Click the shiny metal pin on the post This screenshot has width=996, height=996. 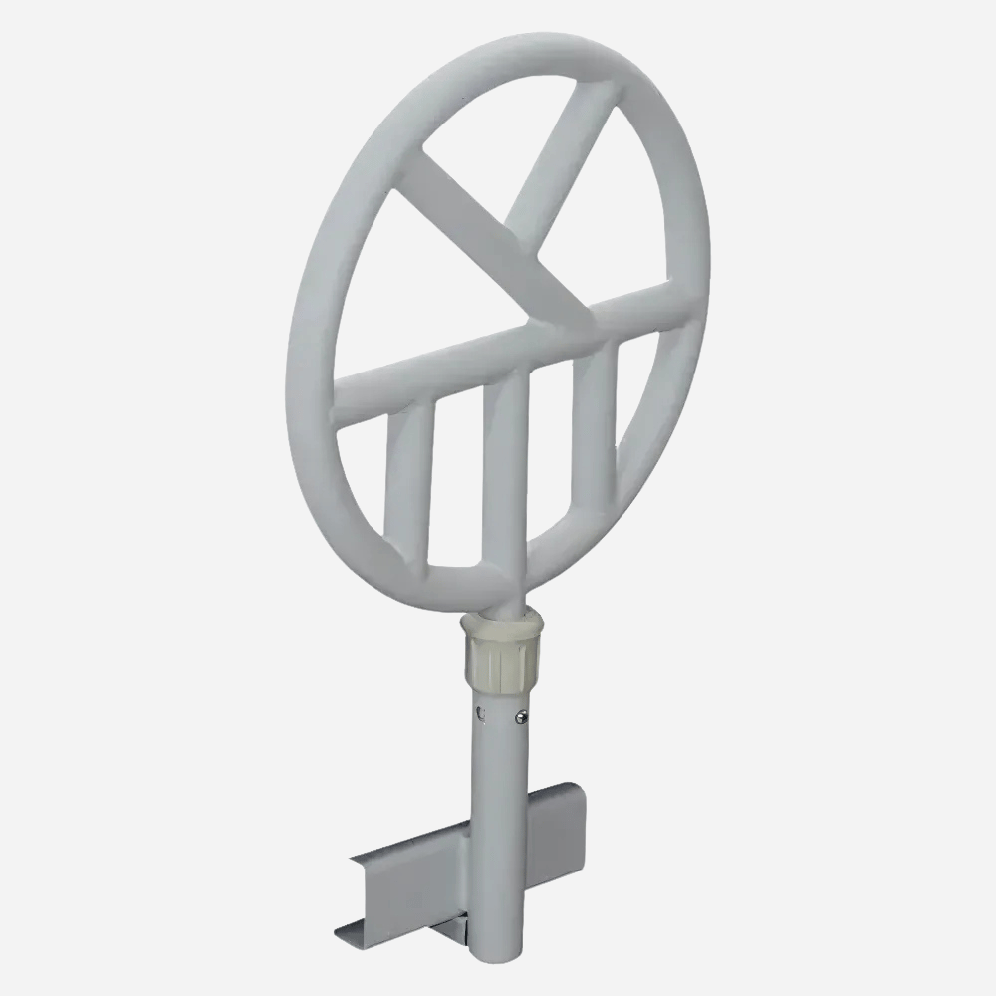[x=521, y=714]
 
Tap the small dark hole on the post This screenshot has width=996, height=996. [x=481, y=713]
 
